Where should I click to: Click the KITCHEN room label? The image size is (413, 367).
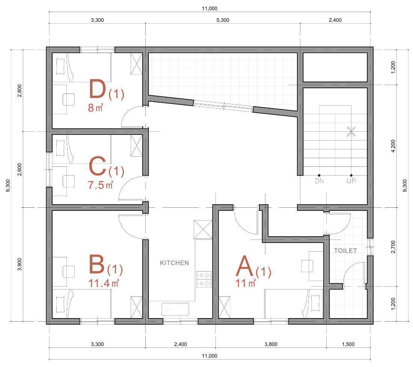click(174, 263)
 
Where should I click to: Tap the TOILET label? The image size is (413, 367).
click(345, 251)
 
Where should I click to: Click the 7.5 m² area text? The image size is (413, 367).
click(101, 185)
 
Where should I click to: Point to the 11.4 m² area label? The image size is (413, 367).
click(104, 283)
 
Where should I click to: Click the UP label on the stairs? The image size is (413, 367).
click(351, 181)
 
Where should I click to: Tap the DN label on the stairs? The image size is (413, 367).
click(319, 181)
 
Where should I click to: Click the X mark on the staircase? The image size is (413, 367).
click(351, 131)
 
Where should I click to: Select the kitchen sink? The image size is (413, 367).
click(175, 309)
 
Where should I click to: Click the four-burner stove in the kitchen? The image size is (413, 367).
click(204, 279)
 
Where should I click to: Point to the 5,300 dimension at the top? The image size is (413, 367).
click(223, 20)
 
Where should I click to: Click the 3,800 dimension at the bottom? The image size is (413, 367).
click(271, 344)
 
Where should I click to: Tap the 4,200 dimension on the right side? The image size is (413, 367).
click(393, 146)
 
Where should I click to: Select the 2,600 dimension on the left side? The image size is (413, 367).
click(20, 169)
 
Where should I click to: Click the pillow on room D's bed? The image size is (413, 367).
click(60, 66)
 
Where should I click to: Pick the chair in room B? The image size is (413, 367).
click(69, 272)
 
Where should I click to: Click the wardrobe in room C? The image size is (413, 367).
click(137, 146)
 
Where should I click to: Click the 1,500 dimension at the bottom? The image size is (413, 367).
click(348, 344)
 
